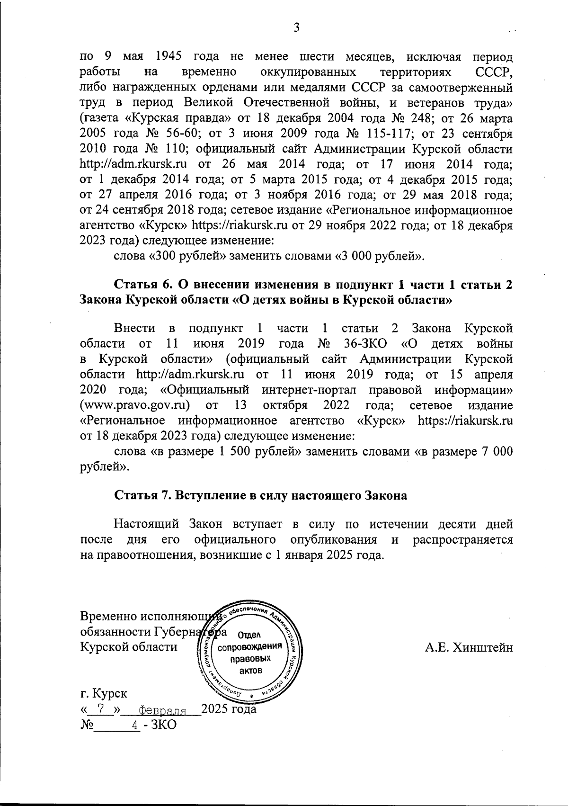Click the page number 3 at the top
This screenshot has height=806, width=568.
point(296,28)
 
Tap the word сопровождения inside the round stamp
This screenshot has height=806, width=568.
point(251,647)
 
